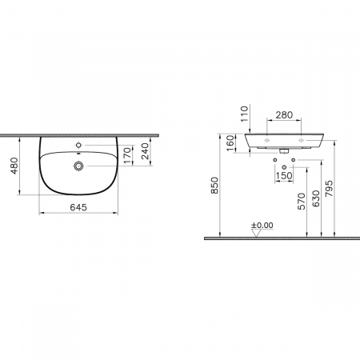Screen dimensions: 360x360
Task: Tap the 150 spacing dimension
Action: pyautogui.click(x=284, y=176)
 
